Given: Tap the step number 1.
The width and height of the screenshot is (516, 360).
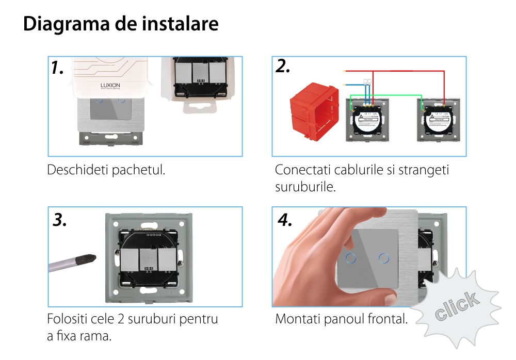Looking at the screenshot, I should (57, 68).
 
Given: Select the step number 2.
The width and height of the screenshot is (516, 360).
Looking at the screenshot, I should (283, 66).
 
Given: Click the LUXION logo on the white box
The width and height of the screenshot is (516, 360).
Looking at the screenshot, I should (110, 85).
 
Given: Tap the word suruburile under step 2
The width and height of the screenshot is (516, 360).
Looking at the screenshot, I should (305, 186).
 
